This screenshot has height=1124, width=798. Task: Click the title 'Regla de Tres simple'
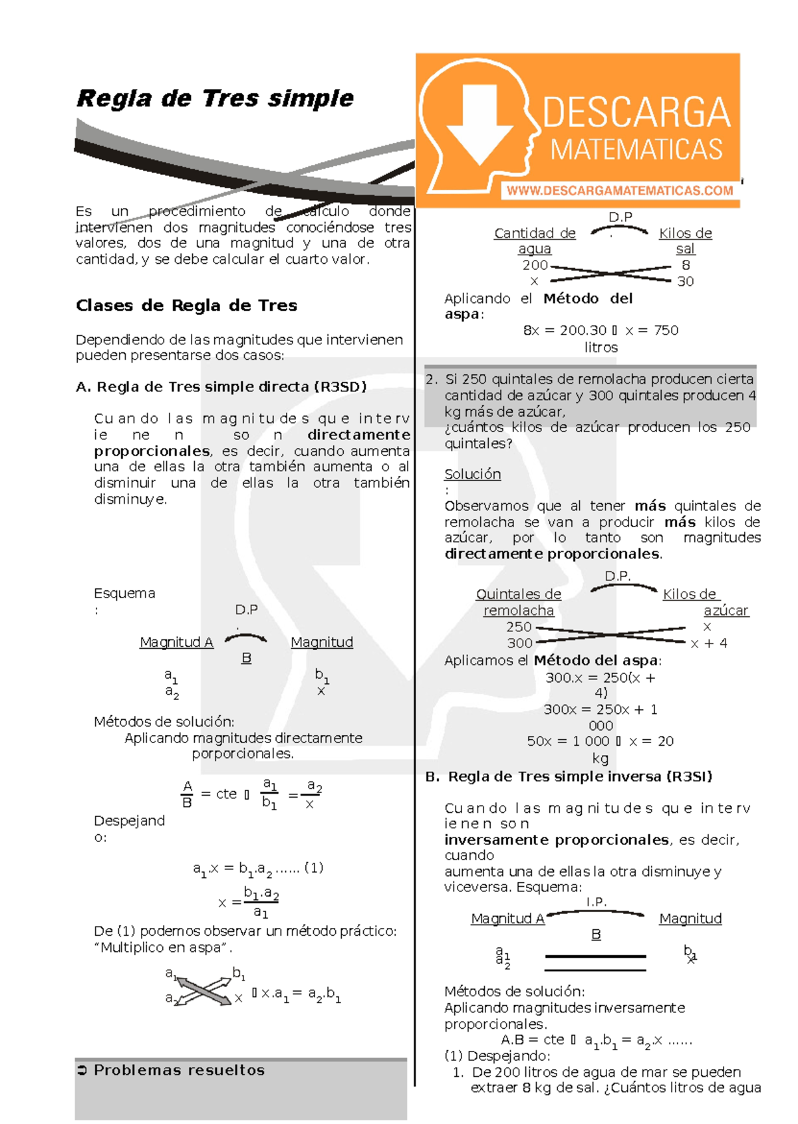[x=215, y=98]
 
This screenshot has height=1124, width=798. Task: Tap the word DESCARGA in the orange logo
[x=636, y=112]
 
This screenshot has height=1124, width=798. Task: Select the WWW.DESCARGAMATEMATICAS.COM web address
[x=619, y=191]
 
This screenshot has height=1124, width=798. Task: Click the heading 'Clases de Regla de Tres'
[x=186, y=306]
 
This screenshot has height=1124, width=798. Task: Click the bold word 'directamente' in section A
[x=358, y=435]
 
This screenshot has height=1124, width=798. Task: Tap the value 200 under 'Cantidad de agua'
[x=535, y=265]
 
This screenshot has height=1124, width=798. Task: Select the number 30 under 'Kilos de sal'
[x=685, y=281]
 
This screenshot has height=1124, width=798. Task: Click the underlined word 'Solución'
[x=472, y=474]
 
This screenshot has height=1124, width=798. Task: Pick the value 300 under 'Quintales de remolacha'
[x=519, y=643]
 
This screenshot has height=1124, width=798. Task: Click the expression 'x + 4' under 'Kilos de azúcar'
[x=709, y=643]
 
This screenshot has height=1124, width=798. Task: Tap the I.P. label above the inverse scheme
[x=596, y=902]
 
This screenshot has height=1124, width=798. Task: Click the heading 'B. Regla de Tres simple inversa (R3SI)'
[x=569, y=776]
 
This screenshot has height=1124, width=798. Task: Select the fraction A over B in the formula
[x=187, y=794]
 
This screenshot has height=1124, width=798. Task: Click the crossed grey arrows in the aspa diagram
[x=203, y=990]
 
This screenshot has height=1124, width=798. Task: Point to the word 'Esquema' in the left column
[x=124, y=593]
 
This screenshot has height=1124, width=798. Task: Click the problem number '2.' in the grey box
[x=432, y=380]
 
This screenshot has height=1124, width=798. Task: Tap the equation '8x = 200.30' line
[x=565, y=330]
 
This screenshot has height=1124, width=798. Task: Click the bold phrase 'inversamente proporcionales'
[x=556, y=840]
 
